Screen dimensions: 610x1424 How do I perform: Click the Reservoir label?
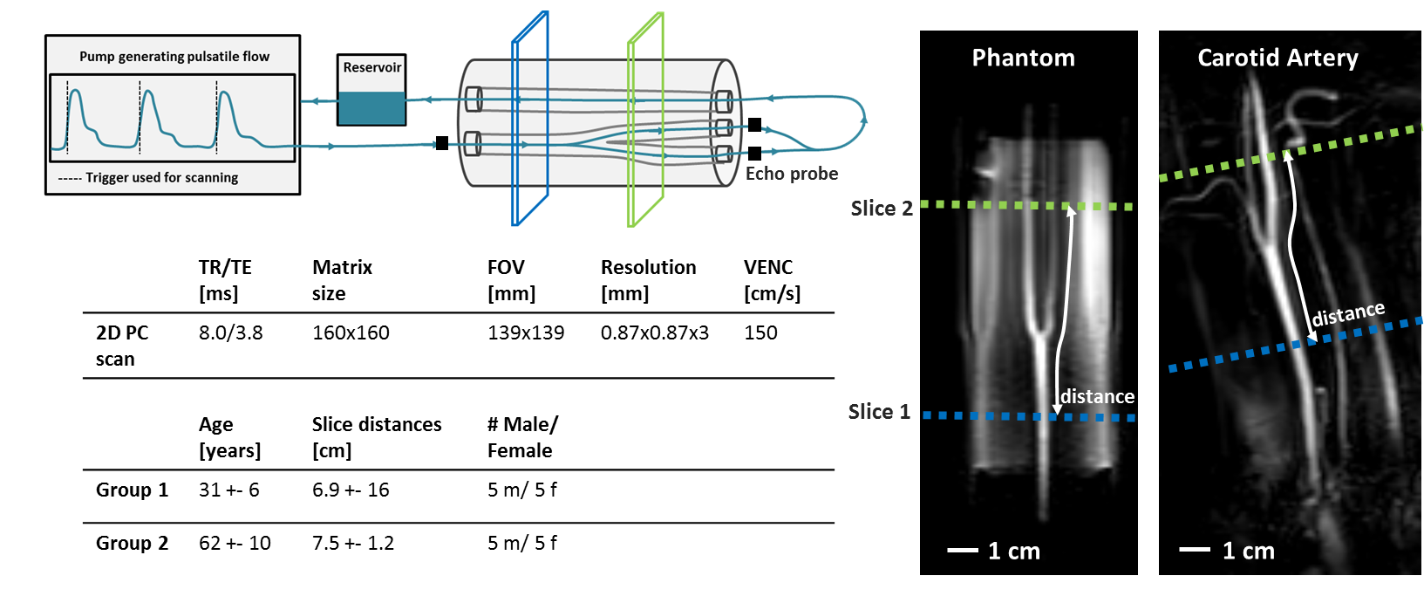(371, 68)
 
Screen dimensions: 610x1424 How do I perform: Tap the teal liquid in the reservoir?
(371, 108)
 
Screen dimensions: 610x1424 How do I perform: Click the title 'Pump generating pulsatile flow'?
(174, 57)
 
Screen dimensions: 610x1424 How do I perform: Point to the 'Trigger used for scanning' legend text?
(161, 178)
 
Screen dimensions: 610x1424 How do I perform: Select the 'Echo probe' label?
(792, 174)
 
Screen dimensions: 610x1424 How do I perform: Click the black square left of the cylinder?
(442, 143)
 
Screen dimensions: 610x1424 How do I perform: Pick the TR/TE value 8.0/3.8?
(230, 332)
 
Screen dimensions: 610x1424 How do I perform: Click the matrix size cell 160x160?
(351, 332)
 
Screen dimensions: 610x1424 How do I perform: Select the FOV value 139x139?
(526, 332)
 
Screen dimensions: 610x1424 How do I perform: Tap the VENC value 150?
(760, 332)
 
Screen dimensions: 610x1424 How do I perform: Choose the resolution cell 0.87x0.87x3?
(654, 332)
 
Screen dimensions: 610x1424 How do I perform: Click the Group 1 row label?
(132, 490)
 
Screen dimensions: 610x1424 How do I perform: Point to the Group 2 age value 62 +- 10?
(235, 544)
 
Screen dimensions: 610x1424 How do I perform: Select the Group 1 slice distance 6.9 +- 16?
(351, 490)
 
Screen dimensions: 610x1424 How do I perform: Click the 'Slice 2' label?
(882, 209)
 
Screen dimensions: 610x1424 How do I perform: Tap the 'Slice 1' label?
(879, 412)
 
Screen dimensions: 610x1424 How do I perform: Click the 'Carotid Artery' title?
(1278, 58)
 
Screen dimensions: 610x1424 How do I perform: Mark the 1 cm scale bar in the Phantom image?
(963, 551)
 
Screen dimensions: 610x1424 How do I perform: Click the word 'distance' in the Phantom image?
(1097, 397)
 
